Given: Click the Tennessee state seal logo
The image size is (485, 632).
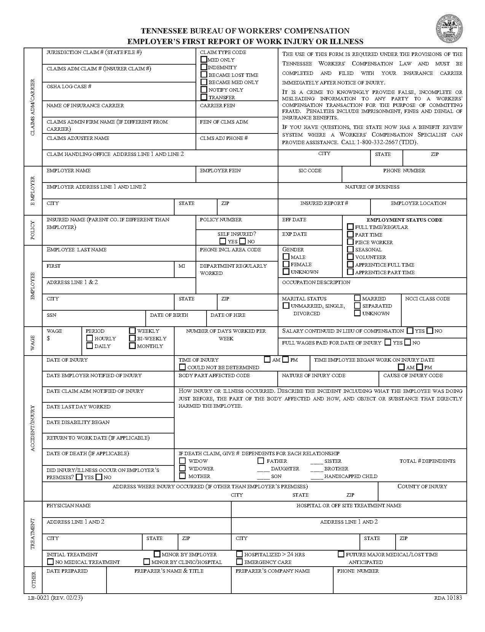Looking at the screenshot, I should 450,29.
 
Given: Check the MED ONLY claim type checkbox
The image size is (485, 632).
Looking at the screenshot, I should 204,59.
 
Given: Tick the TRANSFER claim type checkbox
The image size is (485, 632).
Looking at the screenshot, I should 204,97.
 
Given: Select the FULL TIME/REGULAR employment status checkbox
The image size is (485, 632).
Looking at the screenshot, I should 350,227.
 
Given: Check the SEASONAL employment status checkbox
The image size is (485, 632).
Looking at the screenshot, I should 350,249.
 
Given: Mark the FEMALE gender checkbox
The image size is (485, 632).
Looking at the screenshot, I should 286,264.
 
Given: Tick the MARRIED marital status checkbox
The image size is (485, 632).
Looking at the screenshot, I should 357,298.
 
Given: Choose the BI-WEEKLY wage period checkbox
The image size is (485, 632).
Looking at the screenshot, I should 132,338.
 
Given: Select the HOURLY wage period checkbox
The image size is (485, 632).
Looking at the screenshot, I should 89,338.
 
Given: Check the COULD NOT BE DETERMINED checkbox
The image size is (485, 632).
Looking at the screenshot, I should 183,367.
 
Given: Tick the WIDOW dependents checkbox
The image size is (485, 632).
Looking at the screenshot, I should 183,461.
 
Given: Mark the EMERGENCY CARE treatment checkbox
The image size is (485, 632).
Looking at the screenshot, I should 239,562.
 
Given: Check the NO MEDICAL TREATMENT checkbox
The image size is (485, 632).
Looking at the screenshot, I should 50,562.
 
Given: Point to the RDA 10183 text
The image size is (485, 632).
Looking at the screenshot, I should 448,598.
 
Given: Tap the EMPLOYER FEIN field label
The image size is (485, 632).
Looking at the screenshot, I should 220,170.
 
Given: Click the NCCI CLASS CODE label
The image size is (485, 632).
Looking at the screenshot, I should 428,299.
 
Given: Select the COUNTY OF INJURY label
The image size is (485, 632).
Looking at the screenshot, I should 422,486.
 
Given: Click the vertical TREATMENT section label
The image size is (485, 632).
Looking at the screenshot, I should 32,534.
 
